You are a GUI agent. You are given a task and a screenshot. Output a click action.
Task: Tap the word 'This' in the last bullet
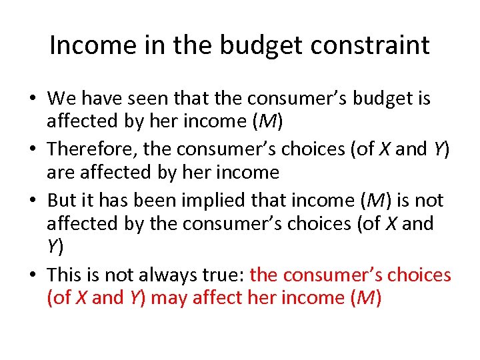click(x=65, y=274)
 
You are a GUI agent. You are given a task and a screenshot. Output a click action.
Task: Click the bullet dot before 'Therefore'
click(x=32, y=149)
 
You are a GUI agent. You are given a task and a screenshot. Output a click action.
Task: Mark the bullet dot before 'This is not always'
click(x=32, y=275)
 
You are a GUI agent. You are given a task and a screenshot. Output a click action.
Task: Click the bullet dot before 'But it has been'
click(x=32, y=200)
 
